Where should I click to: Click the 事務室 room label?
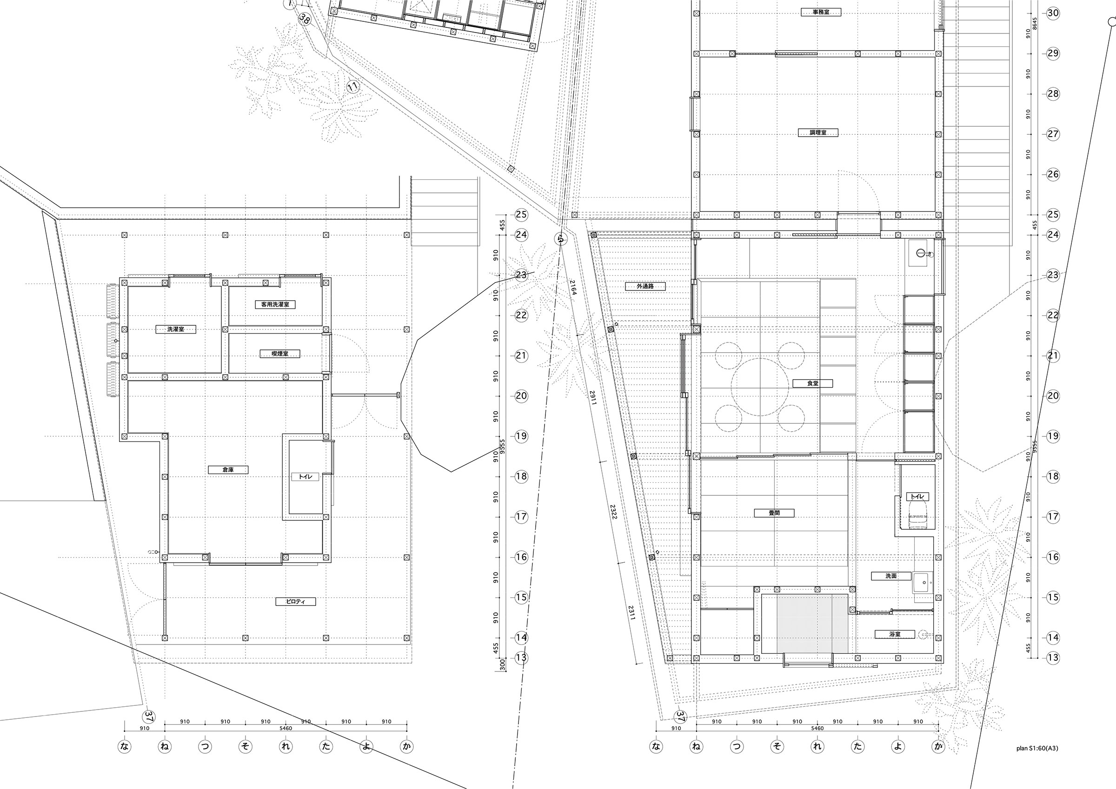(x=821, y=12)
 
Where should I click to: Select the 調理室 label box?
(x=818, y=132)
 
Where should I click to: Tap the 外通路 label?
(x=645, y=286)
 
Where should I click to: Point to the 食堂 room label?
(x=812, y=383)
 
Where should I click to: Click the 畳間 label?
(x=774, y=513)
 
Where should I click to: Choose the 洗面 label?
(x=890, y=576)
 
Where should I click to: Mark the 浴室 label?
(x=894, y=634)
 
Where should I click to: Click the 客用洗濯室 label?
(x=275, y=305)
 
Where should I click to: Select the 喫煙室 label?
(x=279, y=353)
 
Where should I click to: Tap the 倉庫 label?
(x=228, y=470)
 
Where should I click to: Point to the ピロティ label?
(x=296, y=601)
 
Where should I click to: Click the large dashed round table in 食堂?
(x=759, y=387)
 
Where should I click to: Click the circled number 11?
(x=353, y=87)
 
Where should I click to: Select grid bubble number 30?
(x=1052, y=13)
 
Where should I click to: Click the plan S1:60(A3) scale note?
(x=1037, y=748)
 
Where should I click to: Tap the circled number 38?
(x=304, y=20)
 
